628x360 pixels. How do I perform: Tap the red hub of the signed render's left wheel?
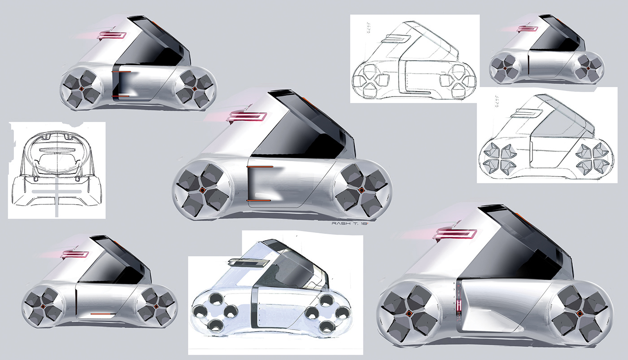[x=202, y=191]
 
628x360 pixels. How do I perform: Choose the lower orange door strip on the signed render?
[x=259, y=200]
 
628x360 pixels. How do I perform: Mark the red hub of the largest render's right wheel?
[x=579, y=313]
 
